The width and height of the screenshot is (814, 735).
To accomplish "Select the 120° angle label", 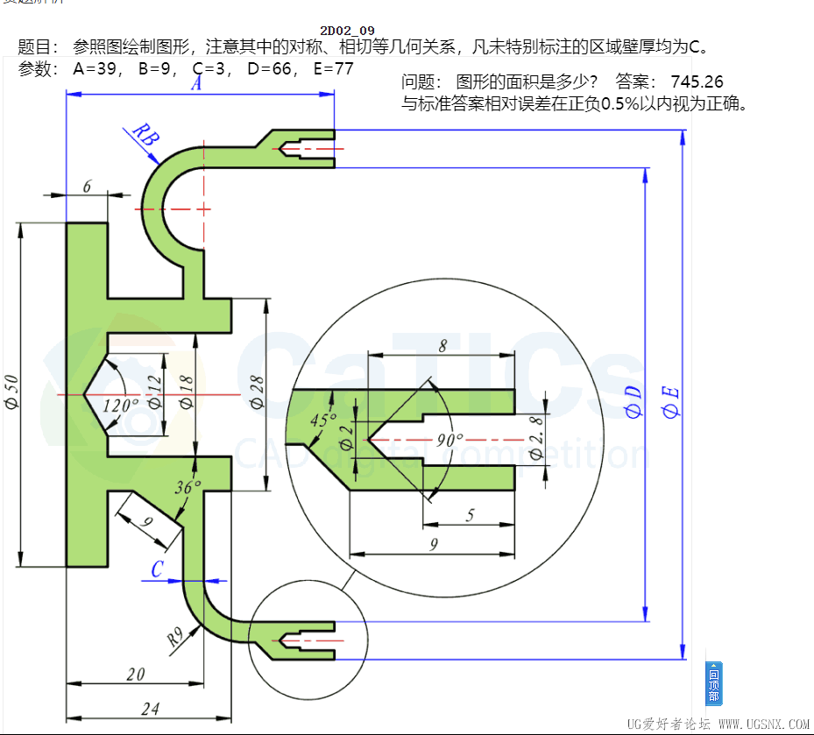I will click(122, 405).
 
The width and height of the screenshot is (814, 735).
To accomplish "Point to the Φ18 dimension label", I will click(186, 392).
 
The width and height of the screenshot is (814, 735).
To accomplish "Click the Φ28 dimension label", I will click(258, 392).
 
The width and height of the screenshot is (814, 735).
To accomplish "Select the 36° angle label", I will click(188, 488).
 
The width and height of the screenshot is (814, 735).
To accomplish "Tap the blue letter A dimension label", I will click(196, 84).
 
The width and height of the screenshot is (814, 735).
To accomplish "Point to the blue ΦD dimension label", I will click(634, 402).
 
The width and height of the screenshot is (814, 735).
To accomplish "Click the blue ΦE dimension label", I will click(670, 402).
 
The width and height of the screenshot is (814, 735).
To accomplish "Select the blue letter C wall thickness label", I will click(157, 569).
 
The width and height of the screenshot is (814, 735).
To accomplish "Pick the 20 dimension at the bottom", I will click(135, 674).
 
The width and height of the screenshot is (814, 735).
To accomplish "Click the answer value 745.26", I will click(697, 82).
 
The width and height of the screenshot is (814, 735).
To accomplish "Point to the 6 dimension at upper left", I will click(87, 186).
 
